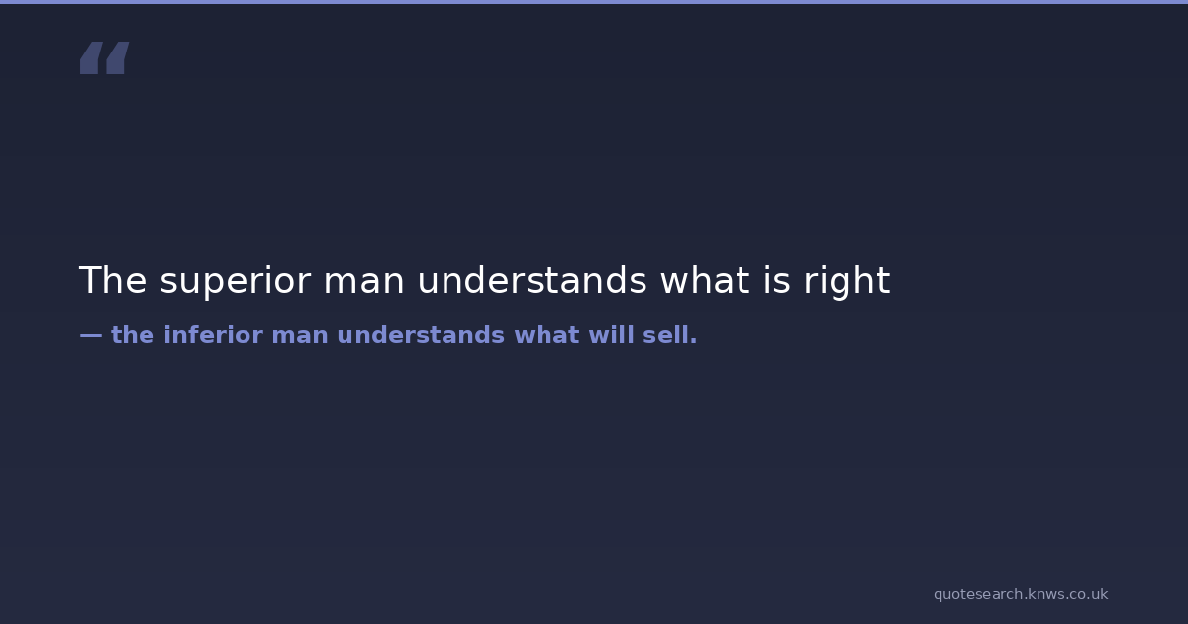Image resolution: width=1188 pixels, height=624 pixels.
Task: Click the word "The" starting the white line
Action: pyautogui.click(x=113, y=280)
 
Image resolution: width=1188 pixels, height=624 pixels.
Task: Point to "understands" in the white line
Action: pyautogui.click(x=532, y=280)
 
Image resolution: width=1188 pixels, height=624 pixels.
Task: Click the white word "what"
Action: pyautogui.click(x=705, y=280)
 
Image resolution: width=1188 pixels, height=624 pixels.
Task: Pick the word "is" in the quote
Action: pyautogui.click(x=777, y=280)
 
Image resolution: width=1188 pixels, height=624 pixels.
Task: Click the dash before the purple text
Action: pyautogui.click(x=91, y=336)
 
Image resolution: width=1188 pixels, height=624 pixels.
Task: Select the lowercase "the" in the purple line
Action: pyautogui.click(x=133, y=335)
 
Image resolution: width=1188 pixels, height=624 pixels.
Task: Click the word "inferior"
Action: pyautogui.click(x=213, y=335)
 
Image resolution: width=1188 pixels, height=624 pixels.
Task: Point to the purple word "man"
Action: pyautogui.click(x=300, y=338)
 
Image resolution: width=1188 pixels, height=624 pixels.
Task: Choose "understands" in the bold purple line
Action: pyautogui.click(x=421, y=335)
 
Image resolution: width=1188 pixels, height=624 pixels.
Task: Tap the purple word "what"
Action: pyautogui.click(x=546, y=335)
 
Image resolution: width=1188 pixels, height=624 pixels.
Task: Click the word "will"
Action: pyautogui.click(x=612, y=335)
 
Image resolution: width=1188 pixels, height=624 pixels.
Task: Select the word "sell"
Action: pyautogui.click(x=665, y=335)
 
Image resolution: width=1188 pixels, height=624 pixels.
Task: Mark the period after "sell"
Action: pyautogui.click(x=693, y=342)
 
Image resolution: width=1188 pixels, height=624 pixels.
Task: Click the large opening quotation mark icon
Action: pyautogui.click(x=105, y=57)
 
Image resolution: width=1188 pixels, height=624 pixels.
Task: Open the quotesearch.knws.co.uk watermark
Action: pyautogui.click(x=1021, y=595)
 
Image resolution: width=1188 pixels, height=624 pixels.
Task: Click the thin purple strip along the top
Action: pyautogui.click(x=594, y=2)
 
